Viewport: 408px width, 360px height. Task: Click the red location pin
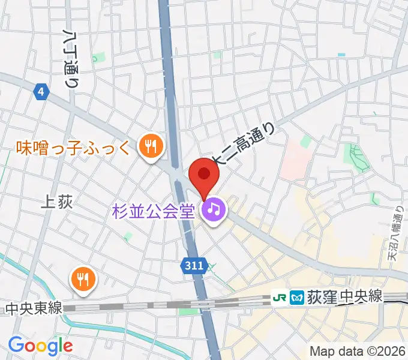(x=204, y=175)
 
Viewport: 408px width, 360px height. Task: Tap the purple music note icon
(x=213, y=210)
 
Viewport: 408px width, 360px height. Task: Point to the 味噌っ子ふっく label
(x=72, y=146)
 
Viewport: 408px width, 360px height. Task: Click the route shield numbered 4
(x=40, y=92)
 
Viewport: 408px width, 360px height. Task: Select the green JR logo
(x=279, y=296)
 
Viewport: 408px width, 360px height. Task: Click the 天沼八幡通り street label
(x=395, y=234)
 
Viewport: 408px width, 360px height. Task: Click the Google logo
(x=40, y=346)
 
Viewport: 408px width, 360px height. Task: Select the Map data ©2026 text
(x=358, y=351)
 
